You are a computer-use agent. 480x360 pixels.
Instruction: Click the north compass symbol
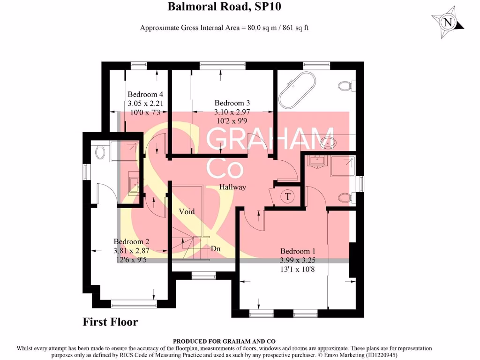[448, 22]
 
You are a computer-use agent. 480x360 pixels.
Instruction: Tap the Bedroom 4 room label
[145, 95]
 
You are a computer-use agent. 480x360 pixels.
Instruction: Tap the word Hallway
[233, 187]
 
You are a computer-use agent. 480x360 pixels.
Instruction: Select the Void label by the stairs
[187, 211]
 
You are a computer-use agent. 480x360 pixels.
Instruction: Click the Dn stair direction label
[215, 248]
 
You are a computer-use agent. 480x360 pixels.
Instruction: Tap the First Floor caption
[110, 322]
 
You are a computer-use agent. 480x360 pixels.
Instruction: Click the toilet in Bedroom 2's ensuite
[99, 151]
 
